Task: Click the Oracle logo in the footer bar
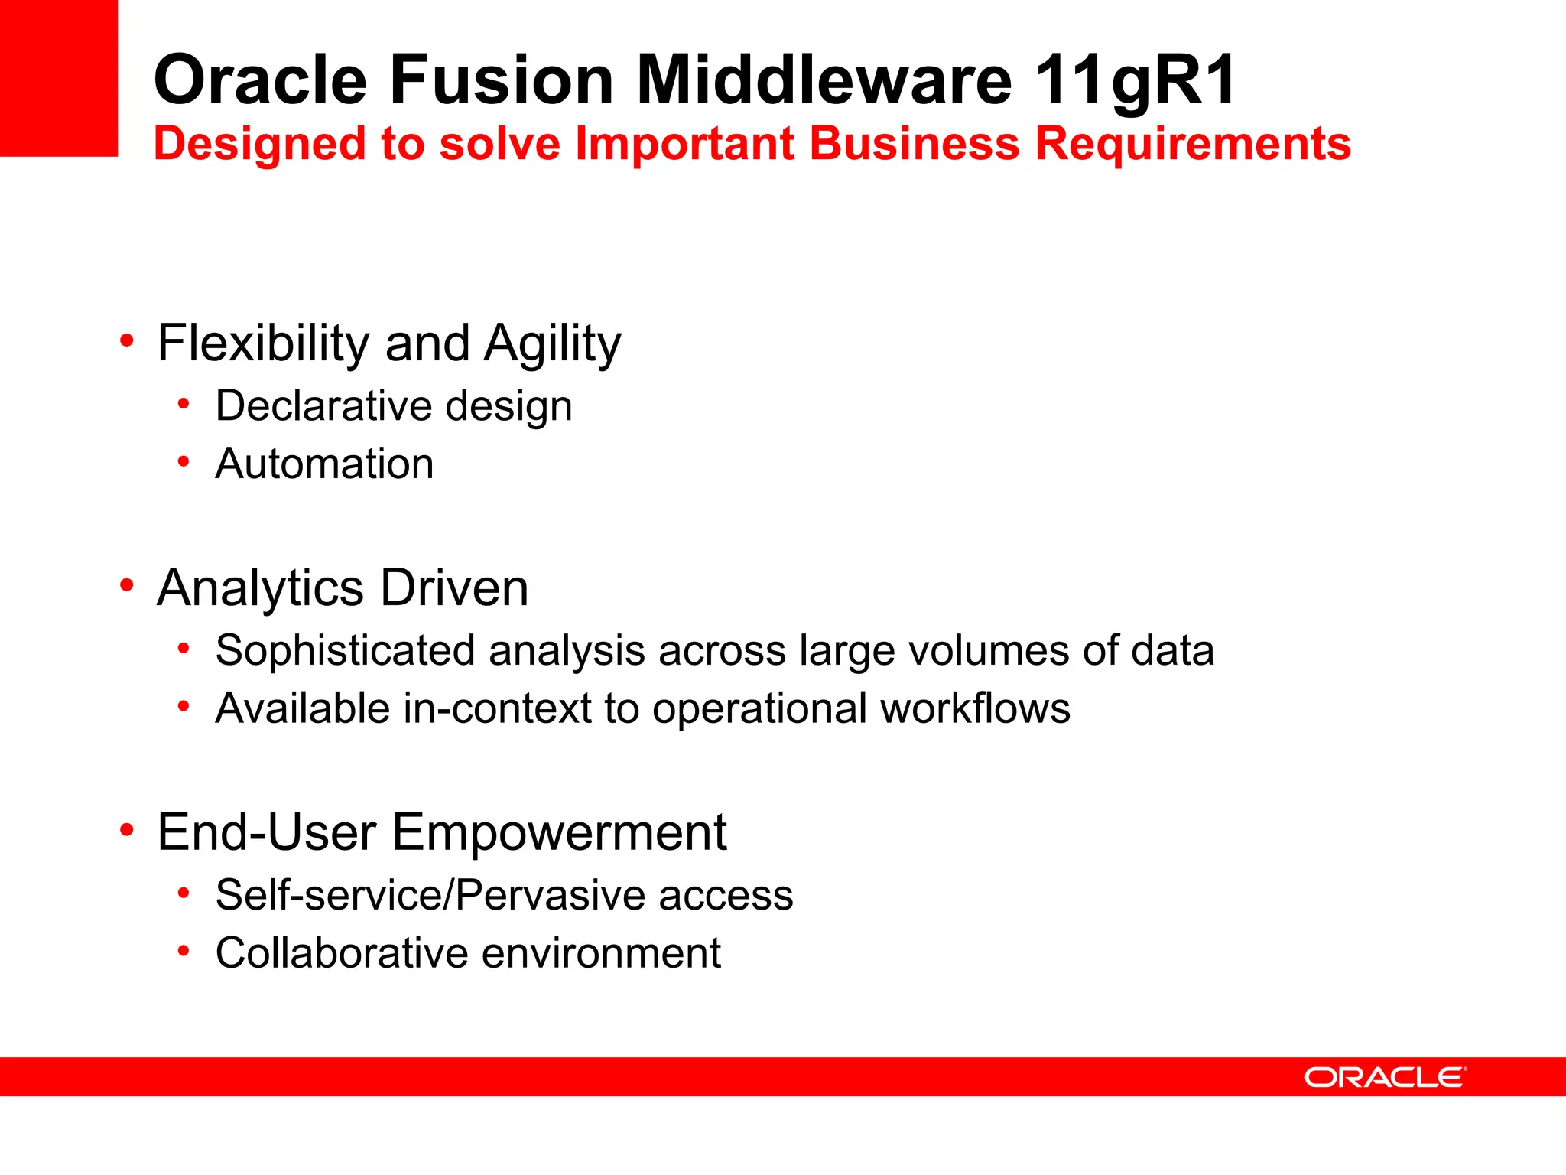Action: [x=1385, y=1077]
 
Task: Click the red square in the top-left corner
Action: [x=58, y=77]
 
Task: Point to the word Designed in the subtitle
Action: [x=261, y=145]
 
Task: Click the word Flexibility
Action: [x=263, y=343]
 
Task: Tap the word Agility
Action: [x=553, y=344]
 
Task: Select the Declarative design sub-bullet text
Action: [x=394, y=405]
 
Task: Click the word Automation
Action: [x=324, y=464]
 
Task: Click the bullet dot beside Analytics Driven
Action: [x=127, y=585]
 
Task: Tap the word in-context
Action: [x=497, y=708]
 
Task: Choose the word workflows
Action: [x=975, y=708]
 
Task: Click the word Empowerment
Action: [x=559, y=832]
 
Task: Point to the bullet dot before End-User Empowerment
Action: [x=127, y=829]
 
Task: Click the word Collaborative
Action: [x=342, y=953]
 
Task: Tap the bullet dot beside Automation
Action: [x=184, y=461]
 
